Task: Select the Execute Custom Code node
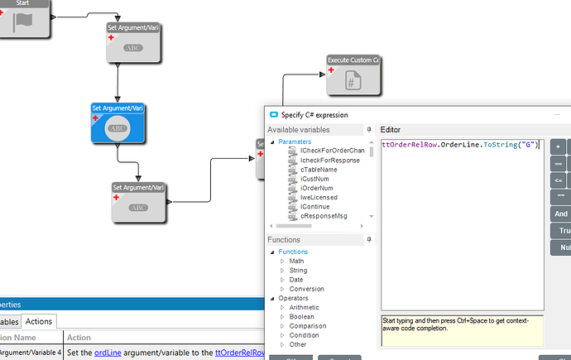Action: (353, 75)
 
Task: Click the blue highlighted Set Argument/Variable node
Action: (118, 123)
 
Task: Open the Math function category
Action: (296, 261)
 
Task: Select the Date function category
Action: (296, 280)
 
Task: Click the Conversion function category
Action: (306, 289)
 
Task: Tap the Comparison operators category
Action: (308, 326)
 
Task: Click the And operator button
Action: (561, 213)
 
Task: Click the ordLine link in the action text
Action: (108, 353)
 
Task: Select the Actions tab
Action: (38, 321)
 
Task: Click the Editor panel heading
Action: (390, 130)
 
